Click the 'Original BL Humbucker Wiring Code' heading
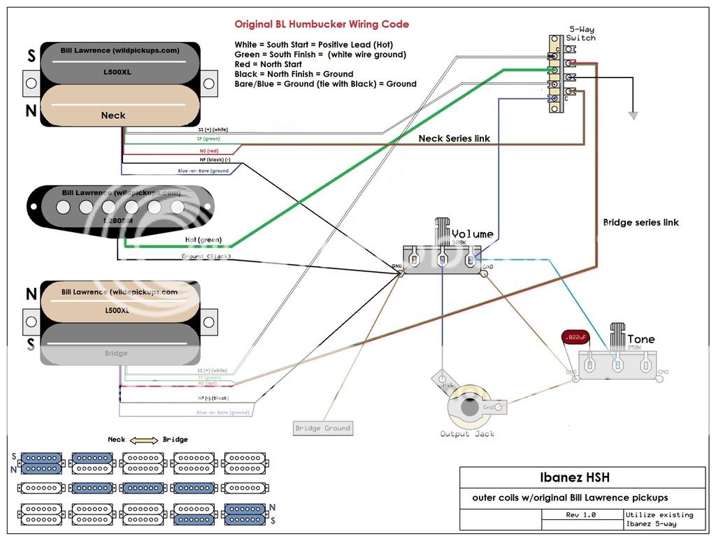(x=322, y=24)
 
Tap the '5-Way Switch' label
(x=581, y=34)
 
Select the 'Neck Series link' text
(x=454, y=138)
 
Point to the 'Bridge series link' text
(x=641, y=222)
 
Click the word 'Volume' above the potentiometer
(x=473, y=234)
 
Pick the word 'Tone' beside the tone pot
(x=641, y=339)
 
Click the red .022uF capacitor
(x=574, y=338)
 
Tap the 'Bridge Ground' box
(x=323, y=428)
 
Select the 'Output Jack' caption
(x=467, y=433)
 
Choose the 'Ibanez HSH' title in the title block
(x=574, y=478)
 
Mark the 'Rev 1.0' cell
(x=582, y=515)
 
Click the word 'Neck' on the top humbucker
(x=113, y=115)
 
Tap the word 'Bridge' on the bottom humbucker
(x=116, y=353)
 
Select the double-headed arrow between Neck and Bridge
(x=145, y=440)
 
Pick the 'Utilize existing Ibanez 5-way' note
(x=659, y=519)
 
